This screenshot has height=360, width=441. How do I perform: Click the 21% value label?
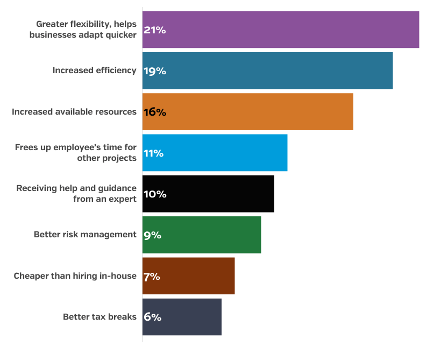click(x=154, y=30)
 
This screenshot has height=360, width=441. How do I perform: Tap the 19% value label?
click(x=154, y=71)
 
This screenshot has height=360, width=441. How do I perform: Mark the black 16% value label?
click(x=154, y=112)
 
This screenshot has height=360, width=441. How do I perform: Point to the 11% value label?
click(x=153, y=153)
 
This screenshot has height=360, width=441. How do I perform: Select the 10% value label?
click(x=154, y=194)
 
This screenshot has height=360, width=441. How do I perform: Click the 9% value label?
click(x=152, y=235)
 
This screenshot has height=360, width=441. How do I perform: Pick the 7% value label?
click(x=152, y=277)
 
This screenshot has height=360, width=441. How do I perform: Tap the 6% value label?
click(x=152, y=317)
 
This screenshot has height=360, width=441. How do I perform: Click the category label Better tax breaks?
click(x=99, y=317)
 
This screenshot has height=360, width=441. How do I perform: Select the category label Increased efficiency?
click(x=94, y=70)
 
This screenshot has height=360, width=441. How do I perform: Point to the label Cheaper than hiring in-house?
click(x=75, y=276)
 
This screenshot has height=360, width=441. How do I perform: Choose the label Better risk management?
click(x=85, y=235)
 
